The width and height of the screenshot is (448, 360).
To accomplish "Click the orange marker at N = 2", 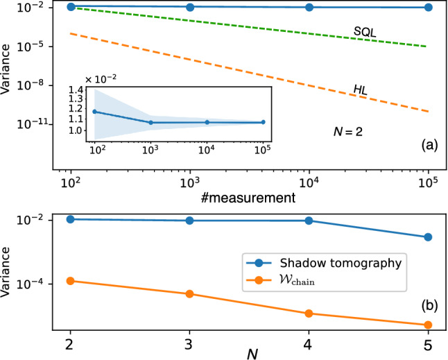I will pyautogui.click(x=70, y=281).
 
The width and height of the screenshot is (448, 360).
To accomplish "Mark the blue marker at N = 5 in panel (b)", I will pyautogui.click(x=428, y=237).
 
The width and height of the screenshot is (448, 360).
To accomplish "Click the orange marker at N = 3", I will pyautogui.click(x=189, y=294).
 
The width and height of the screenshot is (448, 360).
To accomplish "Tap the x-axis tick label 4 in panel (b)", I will pyautogui.click(x=309, y=345).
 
